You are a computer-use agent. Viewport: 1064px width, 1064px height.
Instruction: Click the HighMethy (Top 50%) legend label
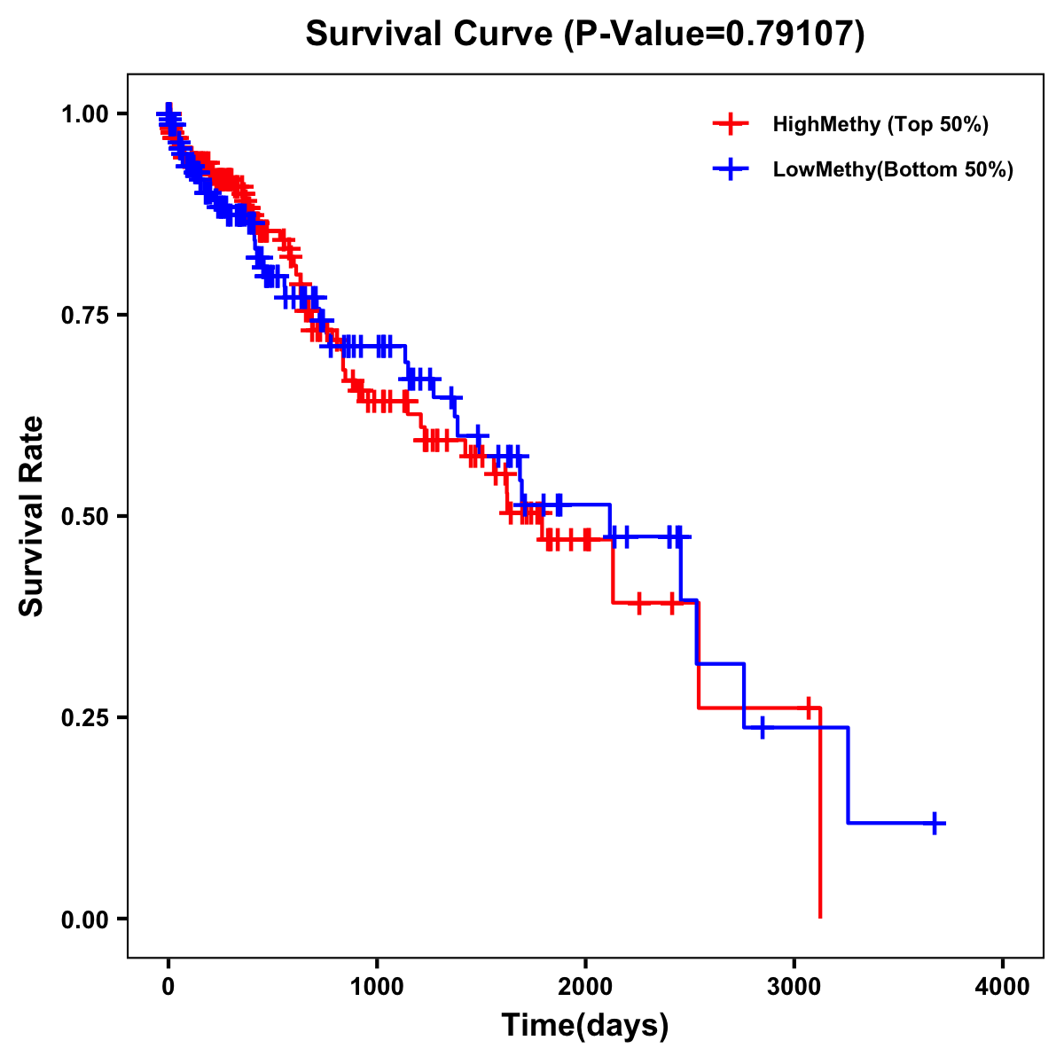pos(880,124)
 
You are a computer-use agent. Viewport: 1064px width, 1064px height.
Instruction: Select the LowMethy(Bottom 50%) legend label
pos(892,169)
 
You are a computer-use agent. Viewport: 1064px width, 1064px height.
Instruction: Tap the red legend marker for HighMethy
pos(730,124)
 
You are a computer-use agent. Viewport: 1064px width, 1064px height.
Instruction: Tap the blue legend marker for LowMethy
pos(730,169)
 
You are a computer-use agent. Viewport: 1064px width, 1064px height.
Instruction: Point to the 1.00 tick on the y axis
pos(84,114)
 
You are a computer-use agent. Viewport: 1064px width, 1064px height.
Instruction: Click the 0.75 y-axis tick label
pos(84,316)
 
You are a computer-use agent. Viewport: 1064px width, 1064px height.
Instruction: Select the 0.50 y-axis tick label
pos(84,516)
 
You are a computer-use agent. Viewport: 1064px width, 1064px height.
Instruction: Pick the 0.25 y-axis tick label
pos(84,717)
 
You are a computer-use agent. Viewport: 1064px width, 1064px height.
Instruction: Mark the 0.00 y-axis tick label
pos(84,919)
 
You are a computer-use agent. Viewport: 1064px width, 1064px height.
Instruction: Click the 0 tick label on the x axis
pos(168,987)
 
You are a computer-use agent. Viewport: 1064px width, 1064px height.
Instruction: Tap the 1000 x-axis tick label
pos(377,987)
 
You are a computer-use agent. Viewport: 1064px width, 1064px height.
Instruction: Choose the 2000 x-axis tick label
pos(585,987)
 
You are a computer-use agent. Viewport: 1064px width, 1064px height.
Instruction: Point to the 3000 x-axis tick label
pos(794,987)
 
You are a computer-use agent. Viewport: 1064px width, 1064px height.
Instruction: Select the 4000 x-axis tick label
pos(1003,987)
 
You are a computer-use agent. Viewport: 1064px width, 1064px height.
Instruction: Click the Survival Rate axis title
pos(32,516)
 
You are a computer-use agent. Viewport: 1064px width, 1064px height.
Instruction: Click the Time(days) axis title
pos(585,1026)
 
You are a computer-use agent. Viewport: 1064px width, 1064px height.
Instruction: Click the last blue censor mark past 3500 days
pos(935,824)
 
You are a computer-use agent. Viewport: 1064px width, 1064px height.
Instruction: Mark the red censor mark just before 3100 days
pos(808,708)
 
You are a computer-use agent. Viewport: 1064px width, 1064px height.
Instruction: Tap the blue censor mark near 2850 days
pos(762,728)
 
